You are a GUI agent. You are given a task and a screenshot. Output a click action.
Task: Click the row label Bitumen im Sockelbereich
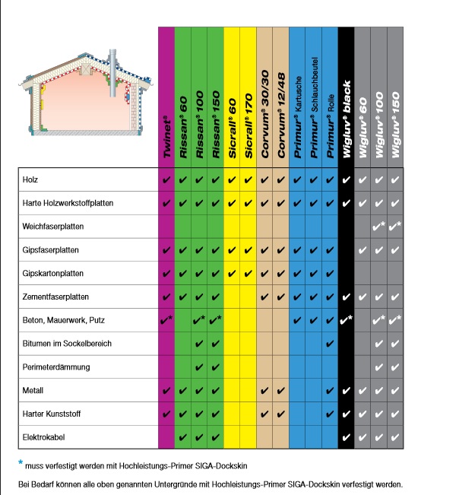coord(67,344)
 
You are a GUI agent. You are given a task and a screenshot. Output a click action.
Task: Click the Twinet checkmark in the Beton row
coord(166,320)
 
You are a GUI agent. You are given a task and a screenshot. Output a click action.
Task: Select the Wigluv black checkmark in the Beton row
coord(346,320)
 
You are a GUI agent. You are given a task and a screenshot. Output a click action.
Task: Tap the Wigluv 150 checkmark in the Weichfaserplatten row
coord(396,227)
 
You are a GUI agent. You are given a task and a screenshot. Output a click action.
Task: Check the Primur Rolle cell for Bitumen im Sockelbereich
coord(329,344)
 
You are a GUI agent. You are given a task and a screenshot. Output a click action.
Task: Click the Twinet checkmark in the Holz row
coord(166,180)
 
